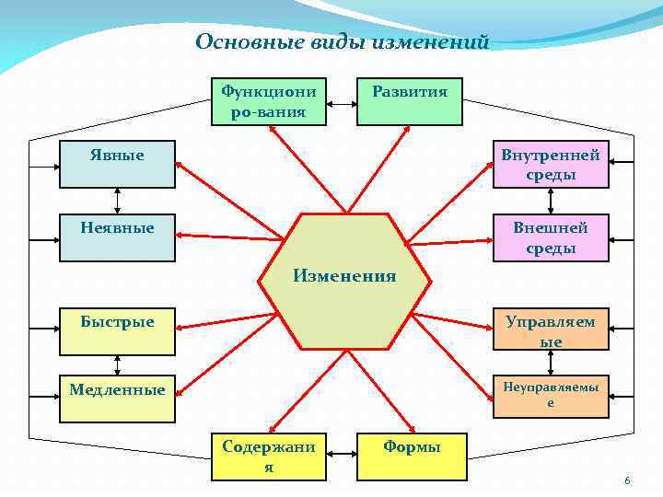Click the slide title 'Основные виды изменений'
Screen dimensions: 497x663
(x=343, y=41)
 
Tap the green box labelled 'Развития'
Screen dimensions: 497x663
(x=409, y=101)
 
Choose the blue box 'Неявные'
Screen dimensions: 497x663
(x=117, y=237)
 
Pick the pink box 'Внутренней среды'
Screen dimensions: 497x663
(x=551, y=164)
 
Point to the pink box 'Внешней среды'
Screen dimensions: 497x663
(x=551, y=237)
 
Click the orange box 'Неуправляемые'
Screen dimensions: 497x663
(x=551, y=397)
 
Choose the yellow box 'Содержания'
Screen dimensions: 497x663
(x=268, y=457)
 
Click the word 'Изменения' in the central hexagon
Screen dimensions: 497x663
(x=344, y=275)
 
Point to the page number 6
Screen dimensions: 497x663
(x=627, y=481)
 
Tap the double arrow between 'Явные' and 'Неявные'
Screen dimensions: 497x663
(x=118, y=202)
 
